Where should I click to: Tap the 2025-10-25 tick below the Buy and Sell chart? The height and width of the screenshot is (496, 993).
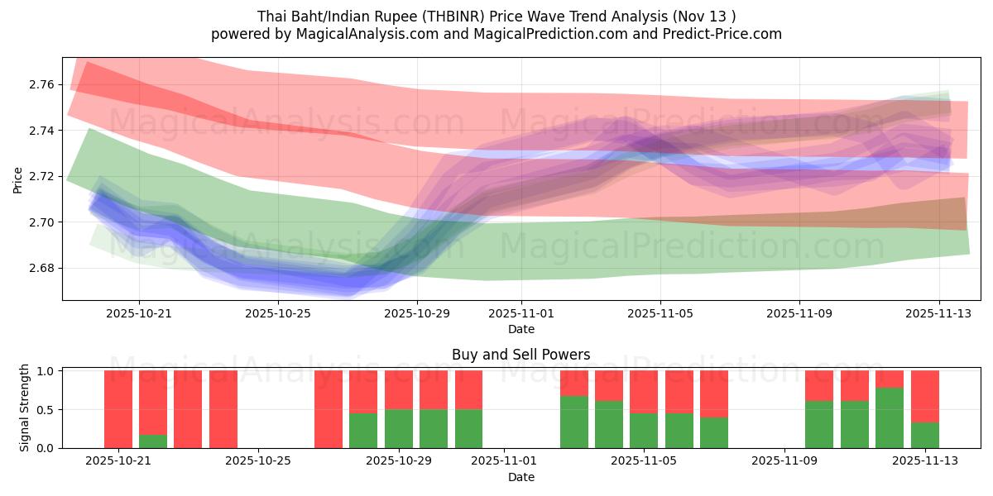259,461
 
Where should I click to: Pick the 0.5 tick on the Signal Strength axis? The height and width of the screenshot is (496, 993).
46,410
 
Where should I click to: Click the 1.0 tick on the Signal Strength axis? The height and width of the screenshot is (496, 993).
46,371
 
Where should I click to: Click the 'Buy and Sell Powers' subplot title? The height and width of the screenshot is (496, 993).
520,355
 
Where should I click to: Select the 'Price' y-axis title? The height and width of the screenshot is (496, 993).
18,179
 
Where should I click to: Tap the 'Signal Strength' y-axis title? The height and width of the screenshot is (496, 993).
25,407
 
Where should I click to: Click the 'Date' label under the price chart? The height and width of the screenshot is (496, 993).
520,329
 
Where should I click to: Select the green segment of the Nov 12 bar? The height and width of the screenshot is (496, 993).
890,417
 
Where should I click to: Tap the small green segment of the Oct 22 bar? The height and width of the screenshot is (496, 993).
153,441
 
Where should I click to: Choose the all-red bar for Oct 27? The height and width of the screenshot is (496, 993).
329,409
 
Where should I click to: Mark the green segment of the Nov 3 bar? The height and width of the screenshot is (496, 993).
573,422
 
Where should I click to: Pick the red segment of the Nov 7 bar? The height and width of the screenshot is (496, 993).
714,393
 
